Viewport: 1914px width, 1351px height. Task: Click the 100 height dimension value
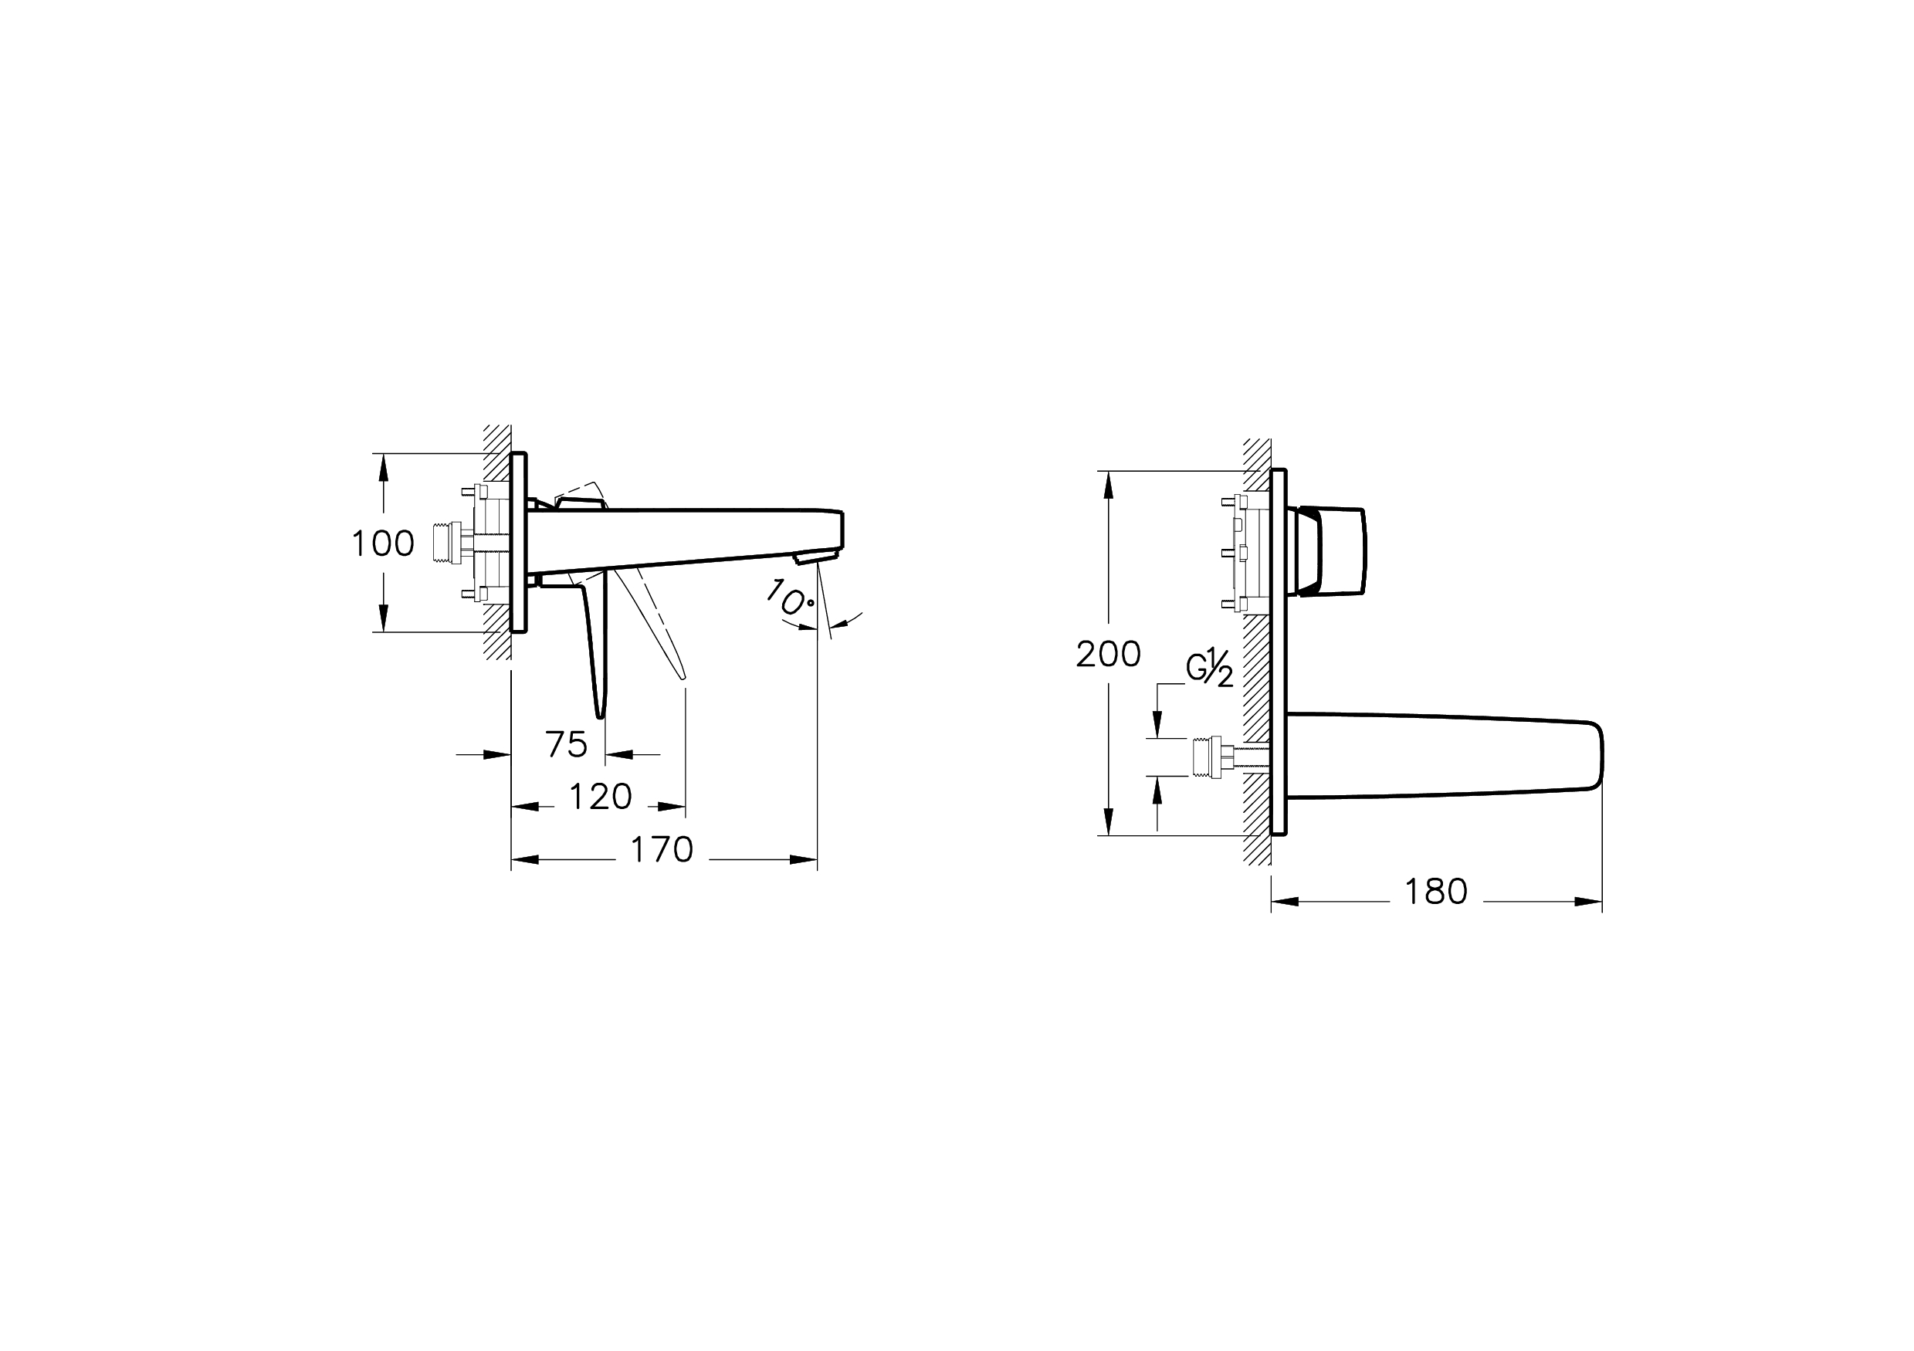pyautogui.click(x=383, y=544)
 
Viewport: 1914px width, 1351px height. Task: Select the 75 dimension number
pyautogui.click(x=566, y=744)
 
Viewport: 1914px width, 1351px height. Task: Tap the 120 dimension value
pyautogui.click(x=600, y=797)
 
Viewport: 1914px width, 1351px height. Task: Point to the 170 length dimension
pyautogui.click(x=662, y=850)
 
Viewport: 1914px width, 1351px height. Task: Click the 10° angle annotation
pyautogui.click(x=788, y=599)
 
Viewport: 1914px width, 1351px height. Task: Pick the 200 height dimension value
pyautogui.click(x=1108, y=654)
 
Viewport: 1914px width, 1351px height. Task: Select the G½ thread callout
pyautogui.click(x=1210, y=669)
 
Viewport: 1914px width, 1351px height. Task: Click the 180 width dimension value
pyautogui.click(x=1435, y=892)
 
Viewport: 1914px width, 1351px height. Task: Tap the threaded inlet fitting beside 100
pyautogui.click(x=449, y=543)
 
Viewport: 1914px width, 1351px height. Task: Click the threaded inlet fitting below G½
pyautogui.click(x=1207, y=757)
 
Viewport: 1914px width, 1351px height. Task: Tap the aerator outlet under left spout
pyautogui.click(x=815, y=557)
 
